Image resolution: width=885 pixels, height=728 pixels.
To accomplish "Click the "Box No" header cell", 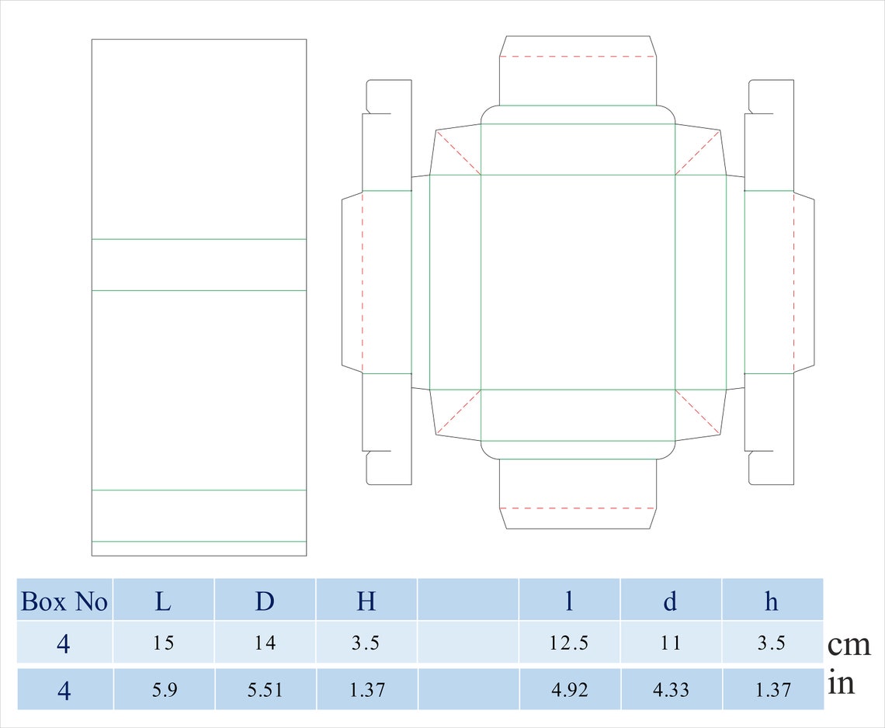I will tap(64, 601).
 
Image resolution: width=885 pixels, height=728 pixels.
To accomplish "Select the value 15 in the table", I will tap(164, 643).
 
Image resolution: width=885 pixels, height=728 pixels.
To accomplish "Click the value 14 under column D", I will tap(265, 643).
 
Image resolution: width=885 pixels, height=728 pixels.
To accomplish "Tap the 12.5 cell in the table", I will tap(568, 643).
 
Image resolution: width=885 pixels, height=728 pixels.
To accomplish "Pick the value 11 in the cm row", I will tap(670, 643).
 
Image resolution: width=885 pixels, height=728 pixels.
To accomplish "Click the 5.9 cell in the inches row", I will tap(164, 689).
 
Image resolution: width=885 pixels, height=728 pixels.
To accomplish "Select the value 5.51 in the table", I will tap(265, 689).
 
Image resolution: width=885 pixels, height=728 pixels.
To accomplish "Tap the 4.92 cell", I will tap(568, 689).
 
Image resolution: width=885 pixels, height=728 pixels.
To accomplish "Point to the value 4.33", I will tap(670, 689).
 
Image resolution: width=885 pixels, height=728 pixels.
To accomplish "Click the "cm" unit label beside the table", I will tap(849, 644).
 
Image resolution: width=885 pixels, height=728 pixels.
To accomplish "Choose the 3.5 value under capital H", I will tap(366, 643).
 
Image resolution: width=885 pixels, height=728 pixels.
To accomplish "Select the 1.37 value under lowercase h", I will tap(772, 689).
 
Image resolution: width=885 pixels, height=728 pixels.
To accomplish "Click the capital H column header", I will tap(366, 601).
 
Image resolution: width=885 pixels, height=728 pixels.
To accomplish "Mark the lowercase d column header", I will tap(670, 601).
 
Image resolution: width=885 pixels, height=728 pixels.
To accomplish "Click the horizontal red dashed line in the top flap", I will tap(577, 56).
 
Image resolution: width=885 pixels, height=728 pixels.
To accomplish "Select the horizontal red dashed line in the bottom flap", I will tap(577, 508).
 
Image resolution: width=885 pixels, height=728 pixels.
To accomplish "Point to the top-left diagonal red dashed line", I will tap(458, 152).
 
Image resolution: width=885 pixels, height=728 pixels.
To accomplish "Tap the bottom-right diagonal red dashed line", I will tap(698, 411).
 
